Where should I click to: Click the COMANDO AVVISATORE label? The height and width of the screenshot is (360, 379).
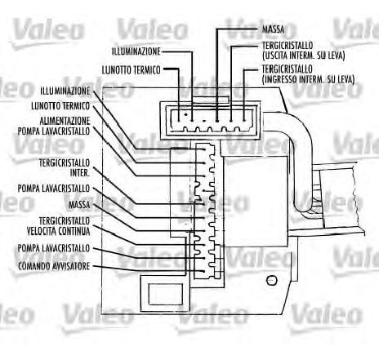(54, 266)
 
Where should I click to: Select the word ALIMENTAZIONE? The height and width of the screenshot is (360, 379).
(65, 121)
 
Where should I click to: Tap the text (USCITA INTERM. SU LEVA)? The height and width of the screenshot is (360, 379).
(304, 56)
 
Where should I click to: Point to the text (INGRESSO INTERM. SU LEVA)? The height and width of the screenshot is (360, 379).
(308, 79)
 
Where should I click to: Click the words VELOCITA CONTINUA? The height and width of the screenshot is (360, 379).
(58, 231)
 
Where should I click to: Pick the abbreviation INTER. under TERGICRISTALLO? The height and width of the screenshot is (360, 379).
(80, 173)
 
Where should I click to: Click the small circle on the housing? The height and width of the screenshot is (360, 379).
(271, 280)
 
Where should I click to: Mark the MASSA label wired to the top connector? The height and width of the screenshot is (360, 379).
(273, 29)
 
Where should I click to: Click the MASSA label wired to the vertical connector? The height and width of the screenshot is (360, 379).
(79, 205)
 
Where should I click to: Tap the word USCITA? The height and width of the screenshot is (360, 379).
(276, 56)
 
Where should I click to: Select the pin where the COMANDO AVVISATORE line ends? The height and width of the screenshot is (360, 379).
(203, 271)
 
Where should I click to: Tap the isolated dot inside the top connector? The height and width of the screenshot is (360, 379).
(185, 114)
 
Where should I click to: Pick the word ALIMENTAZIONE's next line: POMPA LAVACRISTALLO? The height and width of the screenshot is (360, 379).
(54, 131)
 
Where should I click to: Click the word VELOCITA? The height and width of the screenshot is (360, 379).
(42, 231)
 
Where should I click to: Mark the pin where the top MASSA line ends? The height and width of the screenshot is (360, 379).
(217, 120)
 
